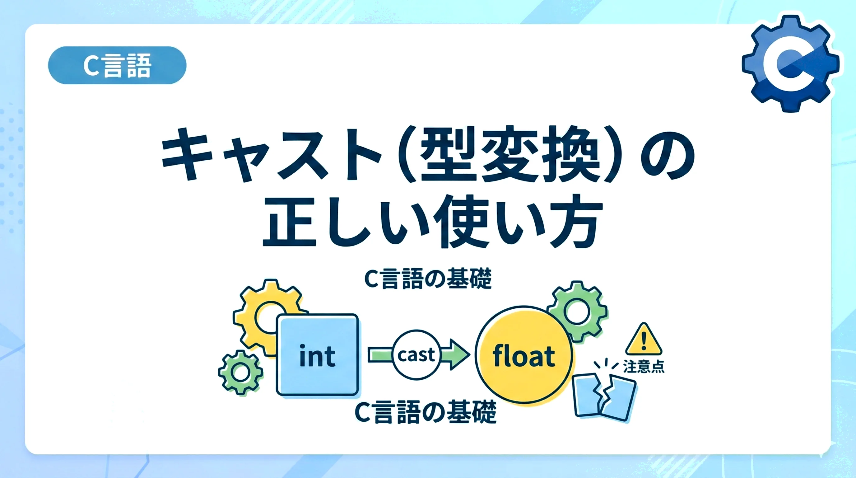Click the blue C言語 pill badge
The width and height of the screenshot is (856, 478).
click(117, 65)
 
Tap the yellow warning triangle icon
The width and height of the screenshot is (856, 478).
click(644, 340)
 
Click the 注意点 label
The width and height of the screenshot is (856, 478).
click(644, 367)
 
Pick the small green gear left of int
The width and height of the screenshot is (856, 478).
click(240, 372)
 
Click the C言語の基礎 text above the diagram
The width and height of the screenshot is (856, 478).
click(428, 279)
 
